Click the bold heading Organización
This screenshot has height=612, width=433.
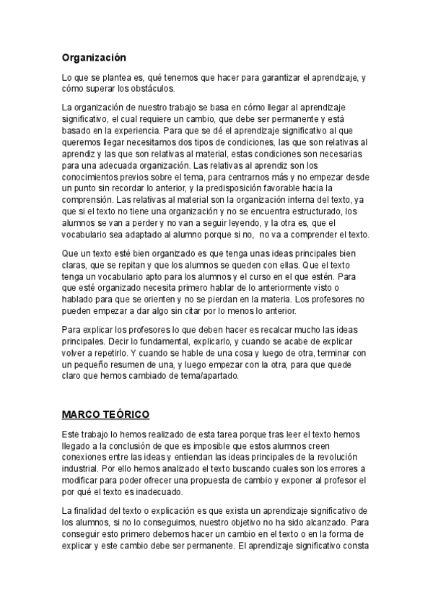click(x=94, y=56)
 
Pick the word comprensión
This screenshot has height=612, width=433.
click(x=87, y=200)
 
